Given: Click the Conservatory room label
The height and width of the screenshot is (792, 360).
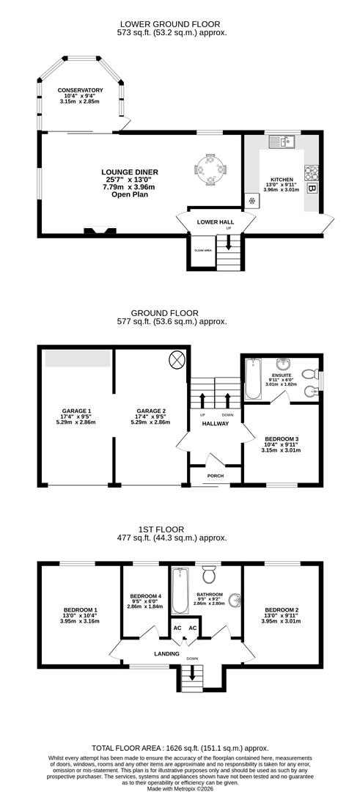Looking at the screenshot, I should pos(81,90).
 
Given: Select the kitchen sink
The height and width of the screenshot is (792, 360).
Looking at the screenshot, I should pos(282,142).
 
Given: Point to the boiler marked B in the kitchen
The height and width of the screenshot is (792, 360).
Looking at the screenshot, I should pos(312,188).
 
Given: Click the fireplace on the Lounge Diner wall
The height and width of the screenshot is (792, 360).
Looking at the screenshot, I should pos(100,231).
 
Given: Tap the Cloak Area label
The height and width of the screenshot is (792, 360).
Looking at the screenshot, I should pos(202,251).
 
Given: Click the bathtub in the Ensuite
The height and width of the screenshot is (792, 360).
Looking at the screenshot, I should pos(253,378).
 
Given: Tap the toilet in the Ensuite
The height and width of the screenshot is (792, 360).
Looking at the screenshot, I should pos(311,369).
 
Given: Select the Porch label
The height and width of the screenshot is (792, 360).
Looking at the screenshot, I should pos(215,475).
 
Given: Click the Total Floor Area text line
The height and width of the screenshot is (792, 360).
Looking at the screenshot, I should pos(180,744).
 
